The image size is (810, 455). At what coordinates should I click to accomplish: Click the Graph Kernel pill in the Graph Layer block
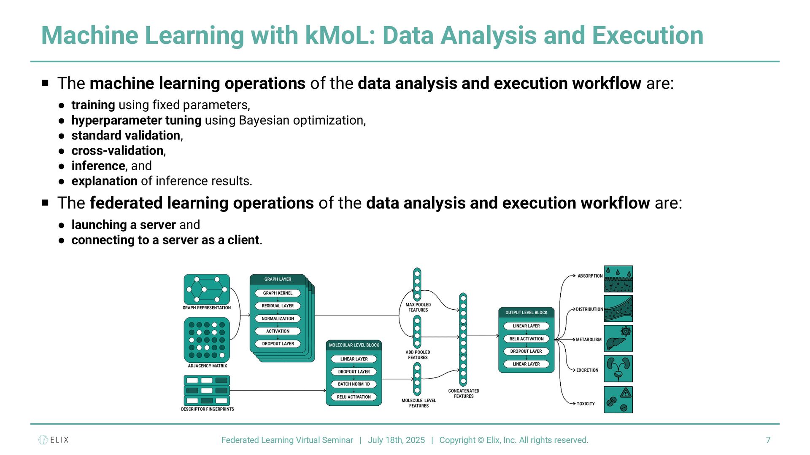278,293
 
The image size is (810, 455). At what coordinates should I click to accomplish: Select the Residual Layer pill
278,306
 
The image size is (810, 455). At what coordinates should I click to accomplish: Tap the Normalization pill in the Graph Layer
278,318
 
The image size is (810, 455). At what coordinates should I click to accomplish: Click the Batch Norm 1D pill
354,384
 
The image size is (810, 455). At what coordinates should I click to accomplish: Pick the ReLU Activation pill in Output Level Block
526,339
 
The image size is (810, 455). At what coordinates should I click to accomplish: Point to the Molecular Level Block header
354,345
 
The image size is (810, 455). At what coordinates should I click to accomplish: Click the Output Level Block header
526,313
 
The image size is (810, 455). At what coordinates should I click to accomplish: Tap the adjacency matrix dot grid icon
207,340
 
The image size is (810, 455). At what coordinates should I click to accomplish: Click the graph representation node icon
207,289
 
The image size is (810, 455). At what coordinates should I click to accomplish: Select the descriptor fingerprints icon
207,390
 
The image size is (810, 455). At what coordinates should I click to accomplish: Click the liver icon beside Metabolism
618,338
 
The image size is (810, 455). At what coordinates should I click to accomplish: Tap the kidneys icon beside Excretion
618,369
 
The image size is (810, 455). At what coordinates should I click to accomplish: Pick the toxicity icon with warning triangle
618,399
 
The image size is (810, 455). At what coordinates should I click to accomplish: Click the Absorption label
590,276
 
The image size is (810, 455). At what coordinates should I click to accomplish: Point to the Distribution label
589,309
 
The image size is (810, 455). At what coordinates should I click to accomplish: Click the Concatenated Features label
464,393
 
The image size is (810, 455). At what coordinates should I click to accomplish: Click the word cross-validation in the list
117,151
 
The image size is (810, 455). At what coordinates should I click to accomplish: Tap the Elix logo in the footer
53,440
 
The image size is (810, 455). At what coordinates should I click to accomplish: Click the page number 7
768,440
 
